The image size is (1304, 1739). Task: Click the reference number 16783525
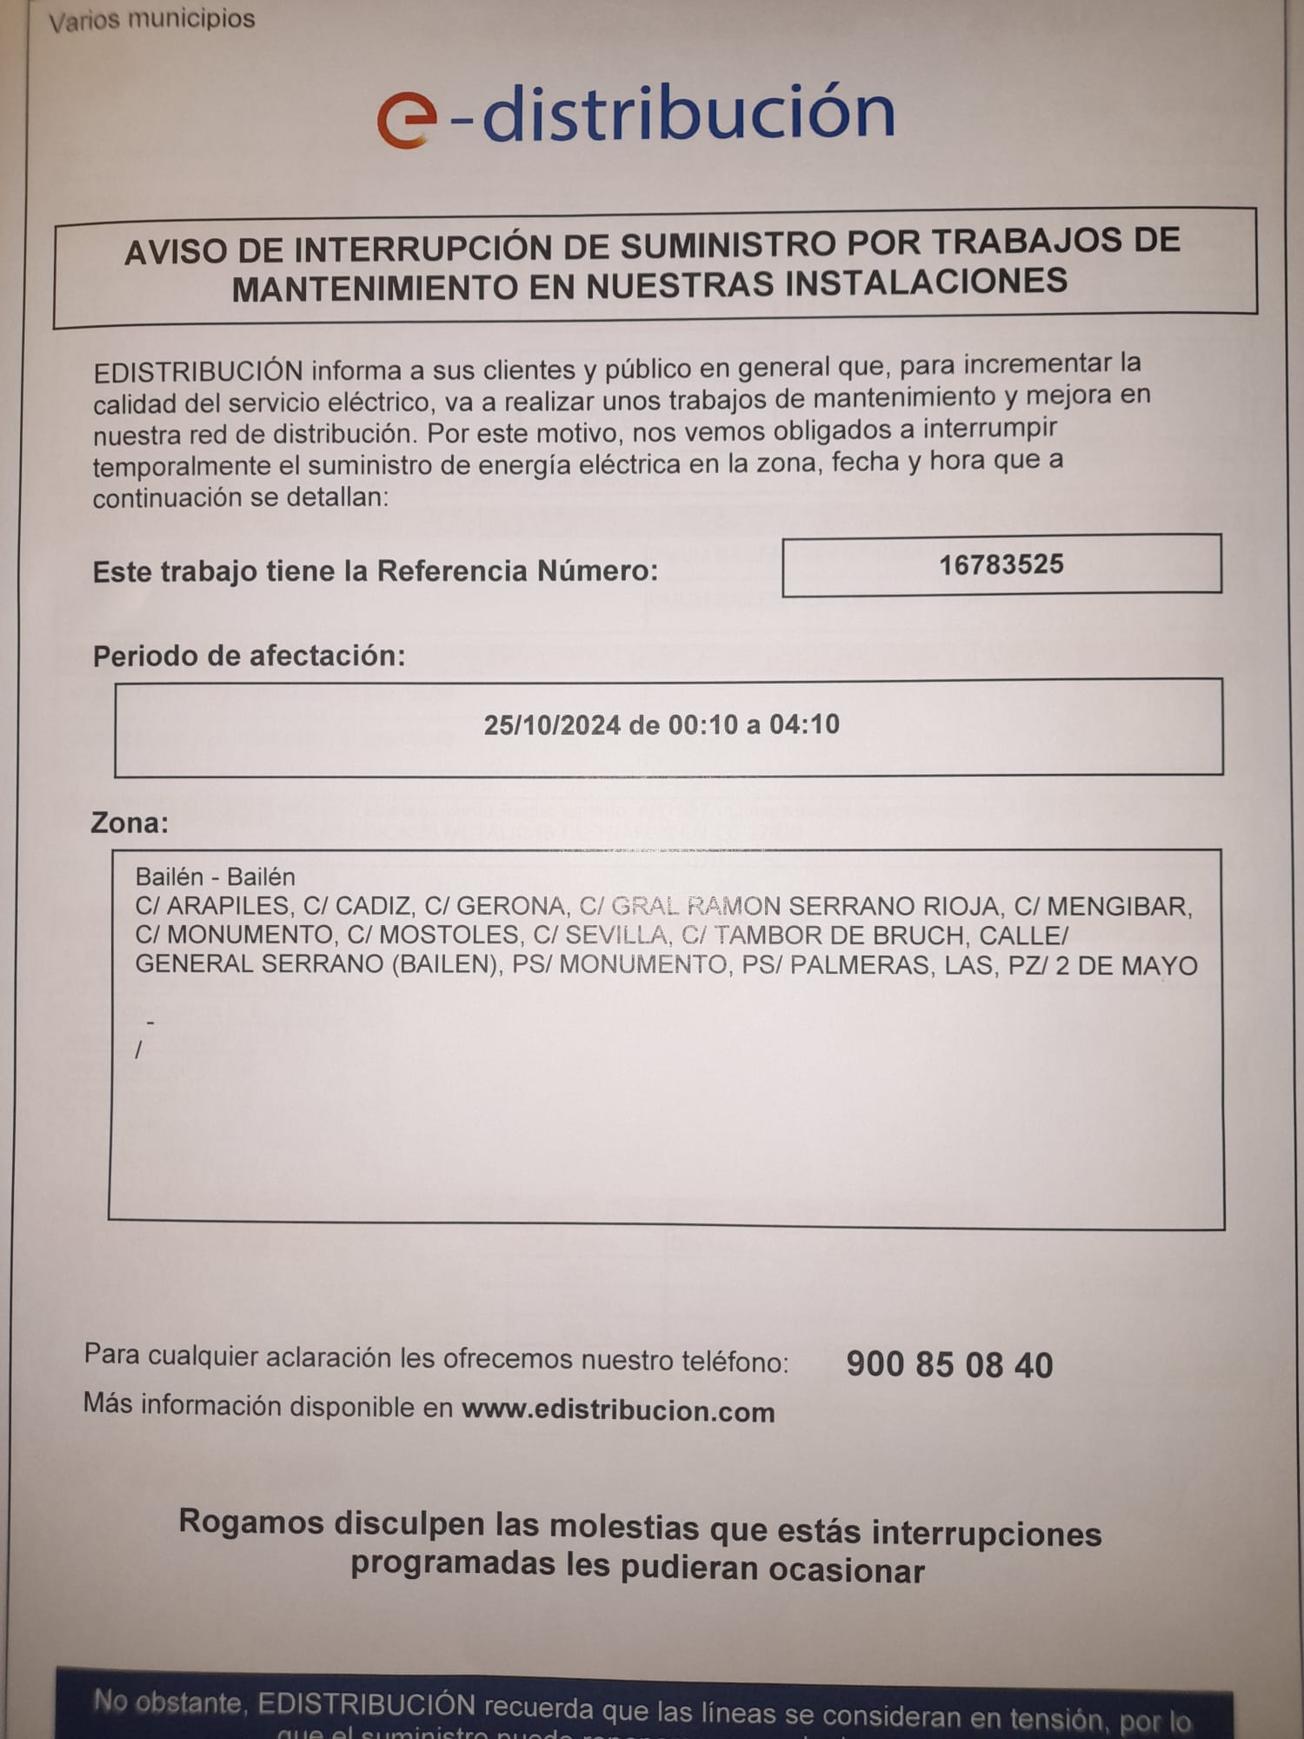[x=1001, y=565]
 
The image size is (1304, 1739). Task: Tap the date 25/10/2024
[x=552, y=725]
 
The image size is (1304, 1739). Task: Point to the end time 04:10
[x=804, y=724]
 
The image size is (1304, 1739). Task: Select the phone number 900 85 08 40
[x=949, y=1365]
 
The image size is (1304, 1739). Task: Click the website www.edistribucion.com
[x=618, y=1410]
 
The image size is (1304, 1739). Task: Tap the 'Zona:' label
[x=130, y=823]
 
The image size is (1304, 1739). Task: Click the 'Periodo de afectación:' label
[x=249, y=656]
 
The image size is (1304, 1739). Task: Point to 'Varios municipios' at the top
[x=152, y=20]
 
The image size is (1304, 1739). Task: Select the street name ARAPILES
[x=228, y=906]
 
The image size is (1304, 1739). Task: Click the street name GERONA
[x=511, y=906]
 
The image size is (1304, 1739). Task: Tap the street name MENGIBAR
[x=1118, y=907]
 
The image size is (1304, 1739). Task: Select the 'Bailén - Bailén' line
[x=215, y=876]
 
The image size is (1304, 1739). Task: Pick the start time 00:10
[x=702, y=724]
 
